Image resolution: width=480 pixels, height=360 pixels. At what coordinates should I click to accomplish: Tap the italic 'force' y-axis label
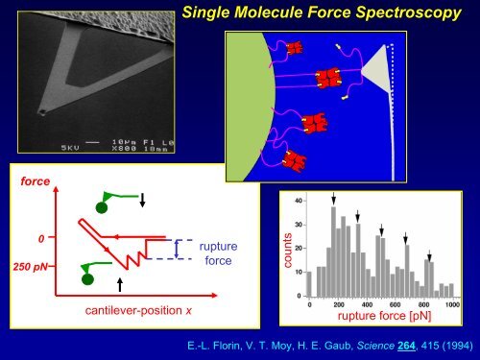coord(30,180)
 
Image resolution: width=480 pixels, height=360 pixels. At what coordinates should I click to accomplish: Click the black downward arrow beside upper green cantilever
coord(142,201)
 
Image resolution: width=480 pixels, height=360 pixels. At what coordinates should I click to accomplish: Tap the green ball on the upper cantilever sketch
coord(101,206)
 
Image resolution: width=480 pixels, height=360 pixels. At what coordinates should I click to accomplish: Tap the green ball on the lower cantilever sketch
coord(88,279)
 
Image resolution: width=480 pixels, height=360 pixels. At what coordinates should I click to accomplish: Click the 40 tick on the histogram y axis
coord(299,200)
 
